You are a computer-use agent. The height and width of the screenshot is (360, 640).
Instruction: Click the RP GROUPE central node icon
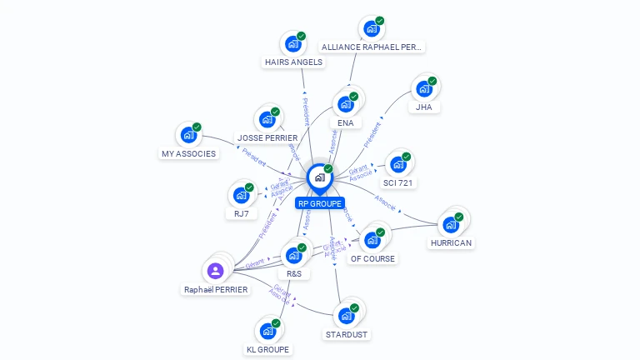pyautogui.click(x=318, y=177)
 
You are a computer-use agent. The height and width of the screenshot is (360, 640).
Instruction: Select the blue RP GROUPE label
pyautogui.click(x=320, y=202)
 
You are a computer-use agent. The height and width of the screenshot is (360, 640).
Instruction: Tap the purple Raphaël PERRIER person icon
pyautogui.click(x=215, y=270)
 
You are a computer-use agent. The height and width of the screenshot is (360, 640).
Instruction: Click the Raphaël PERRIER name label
pyautogui.click(x=216, y=289)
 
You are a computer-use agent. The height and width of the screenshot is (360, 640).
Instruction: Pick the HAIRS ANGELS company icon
pyautogui.click(x=292, y=44)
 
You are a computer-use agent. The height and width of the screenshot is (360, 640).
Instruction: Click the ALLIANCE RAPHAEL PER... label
pyautogui.click(x=372, y=47)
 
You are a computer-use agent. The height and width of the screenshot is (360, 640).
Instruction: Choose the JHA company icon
pyautogui.click(x=423, y=88)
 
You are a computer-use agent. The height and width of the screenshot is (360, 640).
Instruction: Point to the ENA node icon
pyautogui.click(x=345, y=105)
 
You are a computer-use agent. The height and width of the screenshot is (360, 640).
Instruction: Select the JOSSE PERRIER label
pyautogui.click(x=267, y=137)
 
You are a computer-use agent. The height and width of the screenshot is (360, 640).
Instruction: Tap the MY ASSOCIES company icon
pyautogui.click(x=188, y=135)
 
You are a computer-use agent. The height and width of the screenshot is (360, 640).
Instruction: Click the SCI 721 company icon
pyautogui.click(x=397, y=164)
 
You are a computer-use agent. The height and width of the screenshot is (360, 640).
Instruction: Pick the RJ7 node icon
pyautogui.click(x=241, y=195)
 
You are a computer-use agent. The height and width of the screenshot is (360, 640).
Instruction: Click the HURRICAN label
pyautogui.click(x=451, y=243)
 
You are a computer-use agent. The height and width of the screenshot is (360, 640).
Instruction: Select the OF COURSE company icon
pyautogui.click(x=372, y=240)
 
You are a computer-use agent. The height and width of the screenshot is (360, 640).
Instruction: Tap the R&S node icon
pyautogui.click(x=293, y=255)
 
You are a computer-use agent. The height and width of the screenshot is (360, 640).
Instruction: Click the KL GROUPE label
pyautogui.click(x=268, y=349)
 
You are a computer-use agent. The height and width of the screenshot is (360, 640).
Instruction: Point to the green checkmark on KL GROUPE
pyautogui.click(x=276, y=323)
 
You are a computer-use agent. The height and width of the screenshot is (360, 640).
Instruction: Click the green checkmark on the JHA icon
pyautogui.click(x=432, y=81)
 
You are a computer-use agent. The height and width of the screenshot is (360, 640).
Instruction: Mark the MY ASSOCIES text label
pyautogui.click(x=188, y=153)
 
